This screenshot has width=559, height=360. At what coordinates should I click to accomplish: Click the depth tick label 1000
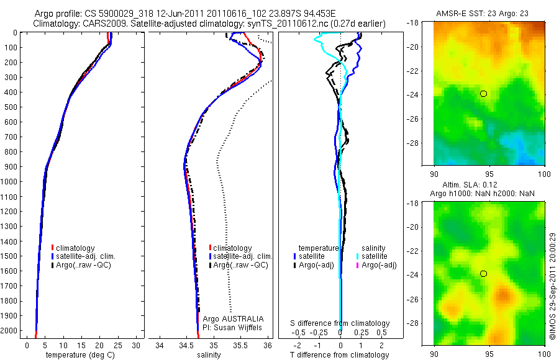click(x=10, y=182)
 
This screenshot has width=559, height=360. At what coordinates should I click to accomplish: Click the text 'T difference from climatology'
click(x=340, y=355)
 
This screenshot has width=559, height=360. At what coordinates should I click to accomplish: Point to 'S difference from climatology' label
click(x=340, y=323)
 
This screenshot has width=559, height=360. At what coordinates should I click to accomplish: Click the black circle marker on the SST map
click(x=483, y=94)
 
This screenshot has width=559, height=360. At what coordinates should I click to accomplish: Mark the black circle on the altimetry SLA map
click(x=483, y=274)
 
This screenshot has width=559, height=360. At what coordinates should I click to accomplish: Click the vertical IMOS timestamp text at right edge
click(x=553, y=292)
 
